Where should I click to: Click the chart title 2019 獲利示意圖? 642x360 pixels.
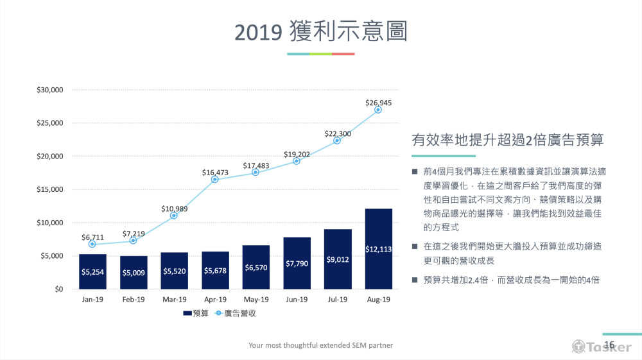click(x=321, y=31)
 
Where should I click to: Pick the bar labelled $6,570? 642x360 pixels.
click(x=256, y=267)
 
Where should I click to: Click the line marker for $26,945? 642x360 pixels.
click(x=378, y=110)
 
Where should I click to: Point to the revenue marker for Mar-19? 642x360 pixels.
click(x=174, y=216)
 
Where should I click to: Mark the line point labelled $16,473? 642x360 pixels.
click(x=215, y=179)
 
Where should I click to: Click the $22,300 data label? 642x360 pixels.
click(x=337, y=133)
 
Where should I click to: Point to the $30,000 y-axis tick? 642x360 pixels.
click(x=50, y=90)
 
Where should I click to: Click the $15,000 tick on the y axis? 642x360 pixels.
click(x=50, y=189)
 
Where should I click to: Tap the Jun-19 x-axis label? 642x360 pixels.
click(x=297, y=299)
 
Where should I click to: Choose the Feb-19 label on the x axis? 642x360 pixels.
click(x=134, y=299)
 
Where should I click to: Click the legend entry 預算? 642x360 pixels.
click(x=195, y=313)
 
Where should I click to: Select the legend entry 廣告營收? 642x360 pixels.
click(x=238, y=313)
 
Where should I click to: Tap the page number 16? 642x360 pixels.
click(x=609, y=345)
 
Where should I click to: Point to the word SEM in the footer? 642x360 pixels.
click(x=352, y=345)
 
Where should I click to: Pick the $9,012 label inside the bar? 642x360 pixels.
click(x=337, y=260)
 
